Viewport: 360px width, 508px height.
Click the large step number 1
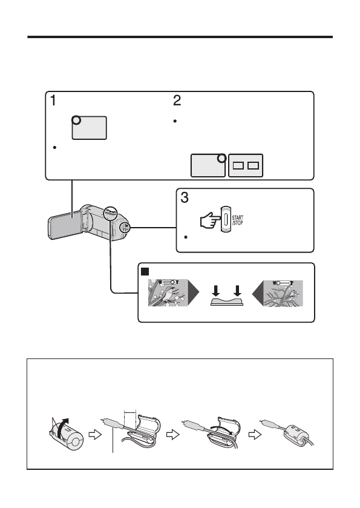coord(53,101)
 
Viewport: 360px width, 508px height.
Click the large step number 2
coord(177,101)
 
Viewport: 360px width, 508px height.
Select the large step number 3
coord(185,197)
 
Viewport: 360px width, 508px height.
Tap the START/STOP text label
coord(237,220)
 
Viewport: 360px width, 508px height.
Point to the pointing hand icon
coord(210,220)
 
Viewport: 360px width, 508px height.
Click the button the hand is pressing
coord(226,219)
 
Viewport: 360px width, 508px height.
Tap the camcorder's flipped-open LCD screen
coord(61,225)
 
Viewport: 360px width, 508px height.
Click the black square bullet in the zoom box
coord(145,271)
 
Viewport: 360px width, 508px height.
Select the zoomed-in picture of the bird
coord(168,292)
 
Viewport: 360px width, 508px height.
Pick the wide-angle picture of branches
coord(283,293)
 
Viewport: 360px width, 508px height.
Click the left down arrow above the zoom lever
coord(216,291)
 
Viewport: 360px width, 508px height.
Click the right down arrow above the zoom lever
coord(238,291)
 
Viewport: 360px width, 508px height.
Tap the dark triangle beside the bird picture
coord(194,292)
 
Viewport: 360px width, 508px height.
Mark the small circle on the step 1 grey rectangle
coord(76,120)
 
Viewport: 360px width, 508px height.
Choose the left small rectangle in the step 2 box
coord(238,165)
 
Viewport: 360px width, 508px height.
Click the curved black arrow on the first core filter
coord(62,428)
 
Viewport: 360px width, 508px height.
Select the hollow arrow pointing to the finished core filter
coord(255,435)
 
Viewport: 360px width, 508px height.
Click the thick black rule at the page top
coord(180,37)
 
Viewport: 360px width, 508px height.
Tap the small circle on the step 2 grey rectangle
coord(222,158)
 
